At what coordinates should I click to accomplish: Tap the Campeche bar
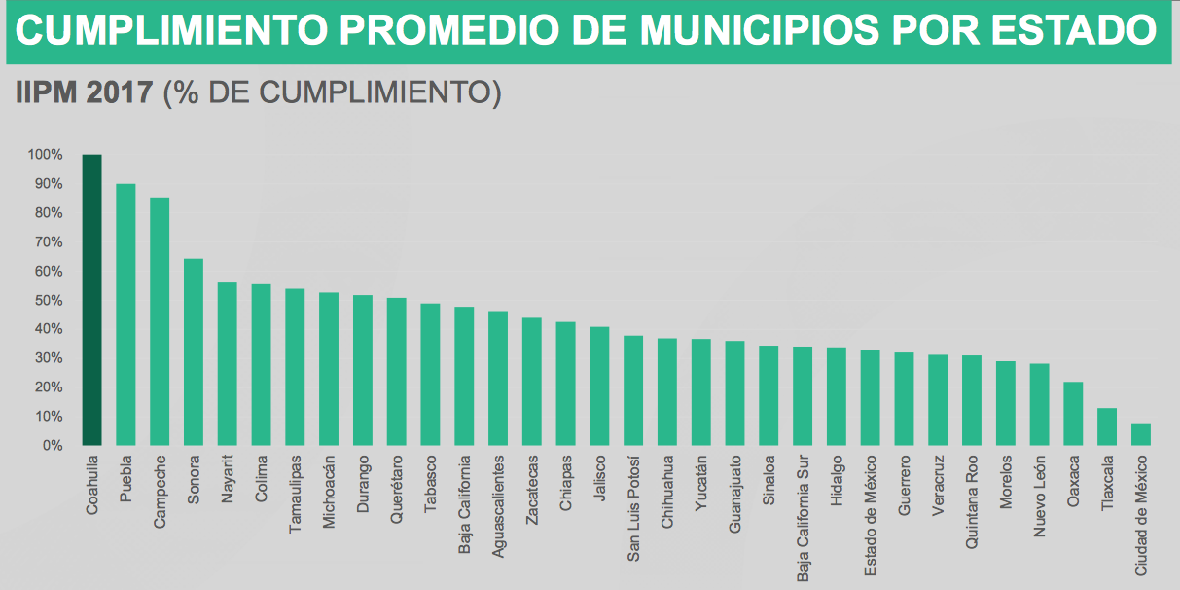tap(160, 321)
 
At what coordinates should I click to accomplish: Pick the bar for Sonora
tap(194, 351)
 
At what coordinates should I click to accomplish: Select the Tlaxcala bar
tap(1107, 426)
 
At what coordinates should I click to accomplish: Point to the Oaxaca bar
tap(1073, 414)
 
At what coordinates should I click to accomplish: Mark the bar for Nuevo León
tap(1039, 404)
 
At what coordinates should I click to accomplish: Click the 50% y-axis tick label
tap(48, 300)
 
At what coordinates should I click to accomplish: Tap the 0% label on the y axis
tap(51, 445)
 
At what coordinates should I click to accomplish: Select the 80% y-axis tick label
tap(48, 213)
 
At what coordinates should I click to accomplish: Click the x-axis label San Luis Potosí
tap(633, 495)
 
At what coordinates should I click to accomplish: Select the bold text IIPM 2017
tap(84, 92)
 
